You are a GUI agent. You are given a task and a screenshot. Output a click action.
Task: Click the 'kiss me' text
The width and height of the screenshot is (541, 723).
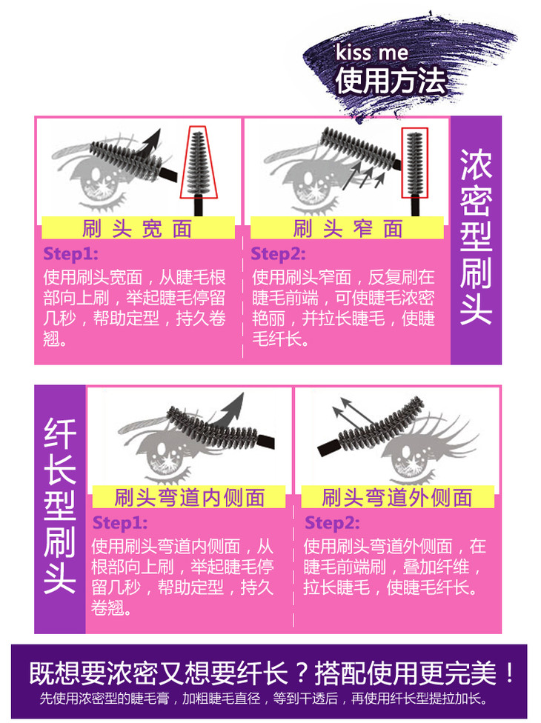(371, 53)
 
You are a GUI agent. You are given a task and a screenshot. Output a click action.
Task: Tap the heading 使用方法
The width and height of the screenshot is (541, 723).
(391, 80)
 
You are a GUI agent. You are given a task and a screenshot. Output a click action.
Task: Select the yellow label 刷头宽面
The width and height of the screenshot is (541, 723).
(139, 228)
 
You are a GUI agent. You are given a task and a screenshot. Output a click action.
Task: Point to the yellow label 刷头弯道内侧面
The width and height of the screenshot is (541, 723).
(190, 497)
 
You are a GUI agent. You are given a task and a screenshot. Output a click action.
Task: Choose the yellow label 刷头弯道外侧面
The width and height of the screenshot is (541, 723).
(397, 497)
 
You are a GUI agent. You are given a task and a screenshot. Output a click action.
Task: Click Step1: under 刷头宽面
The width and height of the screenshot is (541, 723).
(70, 253)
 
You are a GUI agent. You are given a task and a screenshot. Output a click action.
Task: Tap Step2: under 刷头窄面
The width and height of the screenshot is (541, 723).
(278, 253)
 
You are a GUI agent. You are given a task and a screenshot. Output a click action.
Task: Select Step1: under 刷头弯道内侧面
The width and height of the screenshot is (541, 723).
(120, 523)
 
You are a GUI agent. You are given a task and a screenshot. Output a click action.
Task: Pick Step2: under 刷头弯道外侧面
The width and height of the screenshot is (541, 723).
(332, 523)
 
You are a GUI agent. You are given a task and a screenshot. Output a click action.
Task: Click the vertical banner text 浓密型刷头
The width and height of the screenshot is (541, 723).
(476, 237)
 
